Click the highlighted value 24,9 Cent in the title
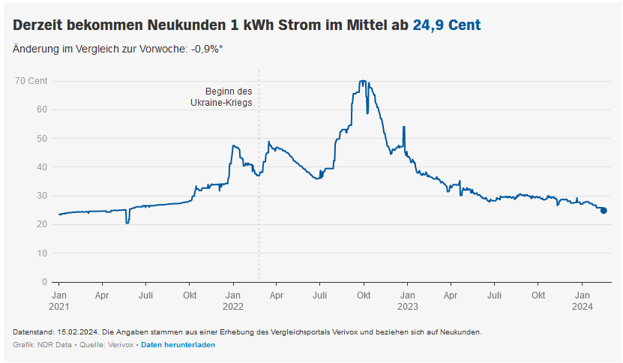coord(447,25)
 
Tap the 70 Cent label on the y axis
coord(31,80)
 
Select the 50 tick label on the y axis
coord(42,138)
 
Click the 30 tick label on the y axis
coord(42,196)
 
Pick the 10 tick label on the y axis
coord(42,253)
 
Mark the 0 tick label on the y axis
coord(44,282)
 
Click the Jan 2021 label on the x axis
coord(59,301)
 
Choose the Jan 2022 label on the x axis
coord(233,301)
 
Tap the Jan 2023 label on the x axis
coord(407,301)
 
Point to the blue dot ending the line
coord(604,211)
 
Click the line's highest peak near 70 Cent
coord(363,81)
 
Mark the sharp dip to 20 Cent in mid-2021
coord(127,223)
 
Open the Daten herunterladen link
coord(178,345)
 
